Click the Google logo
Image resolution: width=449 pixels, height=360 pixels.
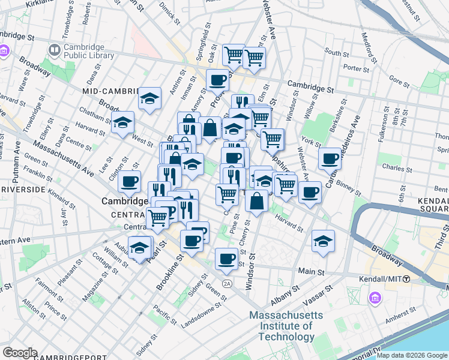coord(20,353)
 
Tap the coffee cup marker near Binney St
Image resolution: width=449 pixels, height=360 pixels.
coord(330,159)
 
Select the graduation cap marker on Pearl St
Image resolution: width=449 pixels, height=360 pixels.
coord(140,247)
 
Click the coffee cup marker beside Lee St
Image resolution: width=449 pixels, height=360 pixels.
coord(129,181)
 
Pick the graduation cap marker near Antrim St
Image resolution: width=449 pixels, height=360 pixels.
coord(149,98)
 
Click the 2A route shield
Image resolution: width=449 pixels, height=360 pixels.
coord(226,283)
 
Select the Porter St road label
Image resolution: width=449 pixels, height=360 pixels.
coord(357,69)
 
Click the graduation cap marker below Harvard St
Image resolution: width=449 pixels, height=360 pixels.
coord(323,241)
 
